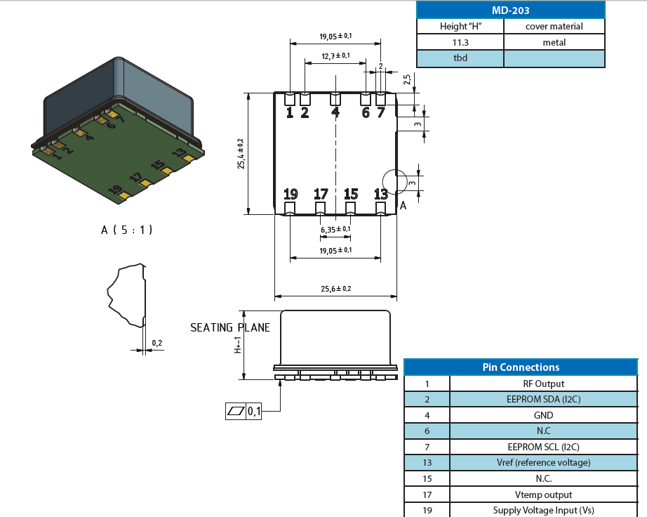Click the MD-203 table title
510,11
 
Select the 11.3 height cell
460,43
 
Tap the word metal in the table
554,43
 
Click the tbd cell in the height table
460,58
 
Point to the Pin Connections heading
521,367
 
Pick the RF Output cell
543,384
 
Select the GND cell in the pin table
543,415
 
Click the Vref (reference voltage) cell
543,462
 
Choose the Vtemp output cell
543,495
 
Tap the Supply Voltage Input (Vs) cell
543,511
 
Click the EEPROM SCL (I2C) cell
543,447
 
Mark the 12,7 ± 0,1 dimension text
336,55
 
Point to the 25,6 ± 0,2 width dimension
336,289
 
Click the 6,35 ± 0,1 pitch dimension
336,230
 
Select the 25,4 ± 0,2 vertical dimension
241,154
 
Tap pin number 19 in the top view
291,194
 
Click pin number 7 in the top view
380,112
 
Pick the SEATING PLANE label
230,328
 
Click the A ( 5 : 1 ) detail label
127,230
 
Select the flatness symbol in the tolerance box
236,412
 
